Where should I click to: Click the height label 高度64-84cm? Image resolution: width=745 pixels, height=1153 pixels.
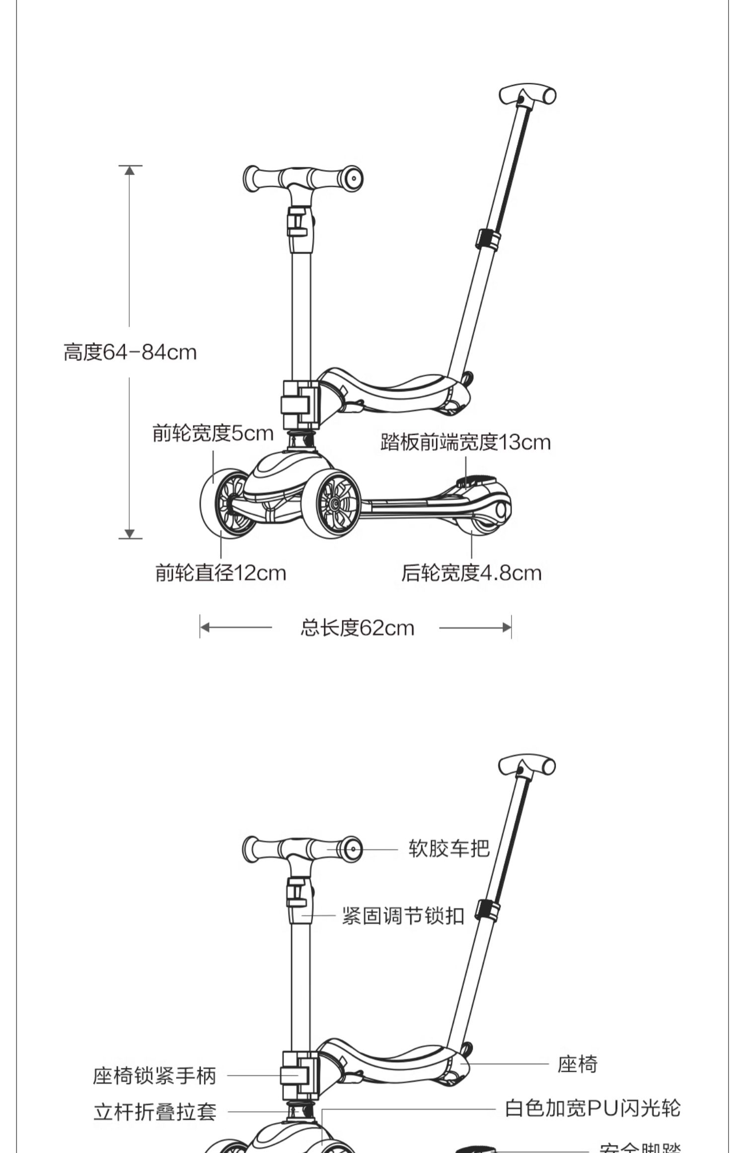(130, 353)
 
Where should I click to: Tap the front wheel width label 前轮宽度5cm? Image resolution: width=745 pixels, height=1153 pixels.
(213, 433)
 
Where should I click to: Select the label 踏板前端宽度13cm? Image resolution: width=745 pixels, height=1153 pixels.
(465, 442)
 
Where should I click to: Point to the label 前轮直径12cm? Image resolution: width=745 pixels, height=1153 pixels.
(221, 573)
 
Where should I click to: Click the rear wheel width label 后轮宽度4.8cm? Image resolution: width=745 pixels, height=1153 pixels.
(471, 573)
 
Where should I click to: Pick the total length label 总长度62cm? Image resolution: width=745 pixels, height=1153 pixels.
(357, 628)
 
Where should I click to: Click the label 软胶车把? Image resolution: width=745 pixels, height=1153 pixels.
(449, 849)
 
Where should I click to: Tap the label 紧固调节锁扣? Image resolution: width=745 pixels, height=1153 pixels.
(403, 916)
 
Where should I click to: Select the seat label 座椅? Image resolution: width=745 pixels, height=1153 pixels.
(577, 1064)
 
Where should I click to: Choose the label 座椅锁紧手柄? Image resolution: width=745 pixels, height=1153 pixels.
(154, 1076)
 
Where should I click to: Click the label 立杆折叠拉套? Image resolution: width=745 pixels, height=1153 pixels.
(155, 1112)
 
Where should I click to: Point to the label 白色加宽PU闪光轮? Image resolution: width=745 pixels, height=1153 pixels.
(593, 1108)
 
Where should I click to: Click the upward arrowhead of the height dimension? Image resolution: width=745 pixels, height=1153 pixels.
(130, 170)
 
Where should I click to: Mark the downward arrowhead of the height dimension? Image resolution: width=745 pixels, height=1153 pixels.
(130, 534)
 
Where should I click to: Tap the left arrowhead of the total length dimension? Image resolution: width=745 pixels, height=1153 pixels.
(205, 628)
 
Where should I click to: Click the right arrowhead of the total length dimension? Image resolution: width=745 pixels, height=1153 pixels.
(507, 628)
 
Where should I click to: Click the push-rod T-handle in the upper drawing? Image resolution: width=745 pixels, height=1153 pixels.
(527, 95)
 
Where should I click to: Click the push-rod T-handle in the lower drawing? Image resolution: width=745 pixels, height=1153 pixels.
(527, 766)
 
